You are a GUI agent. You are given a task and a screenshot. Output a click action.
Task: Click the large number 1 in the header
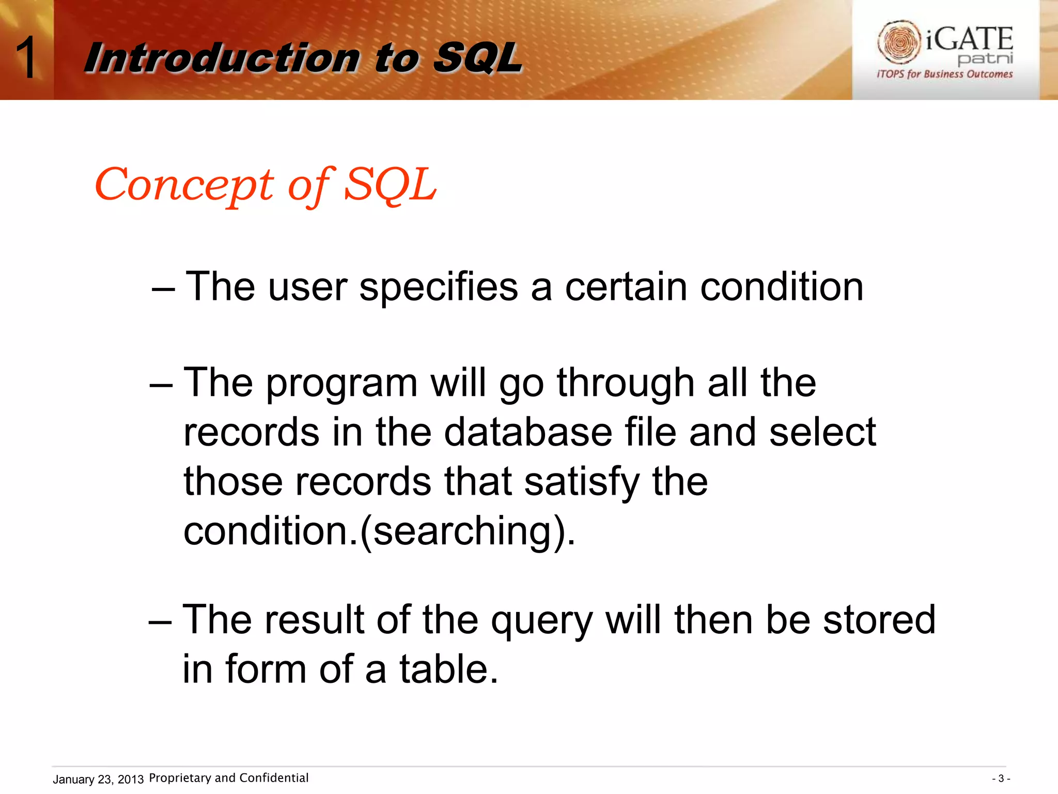pos(26,58)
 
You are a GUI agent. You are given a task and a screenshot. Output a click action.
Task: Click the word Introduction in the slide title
pos(222,58)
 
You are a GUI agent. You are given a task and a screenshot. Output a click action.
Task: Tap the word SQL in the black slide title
pos(477,58)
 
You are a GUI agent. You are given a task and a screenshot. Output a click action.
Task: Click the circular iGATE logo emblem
pos(899,41)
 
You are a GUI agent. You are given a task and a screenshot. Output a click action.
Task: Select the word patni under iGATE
pos(985,58)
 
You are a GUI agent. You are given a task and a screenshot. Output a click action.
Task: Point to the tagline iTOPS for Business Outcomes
pos(944,74)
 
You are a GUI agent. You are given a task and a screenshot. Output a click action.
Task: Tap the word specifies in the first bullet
pos(438,287)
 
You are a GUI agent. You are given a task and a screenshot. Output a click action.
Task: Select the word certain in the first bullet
pos(626,287)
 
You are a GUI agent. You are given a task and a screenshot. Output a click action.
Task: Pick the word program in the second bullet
pos(341,384)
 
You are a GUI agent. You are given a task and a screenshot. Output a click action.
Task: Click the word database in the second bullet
pos(527,432)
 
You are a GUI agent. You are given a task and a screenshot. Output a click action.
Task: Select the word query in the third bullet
pos(541,620)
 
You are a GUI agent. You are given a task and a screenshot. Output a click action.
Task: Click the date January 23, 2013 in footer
pos(98,779)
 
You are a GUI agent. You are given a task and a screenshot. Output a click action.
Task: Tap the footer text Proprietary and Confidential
pos(228,778)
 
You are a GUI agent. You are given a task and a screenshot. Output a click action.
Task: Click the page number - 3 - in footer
pos(1001,778)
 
